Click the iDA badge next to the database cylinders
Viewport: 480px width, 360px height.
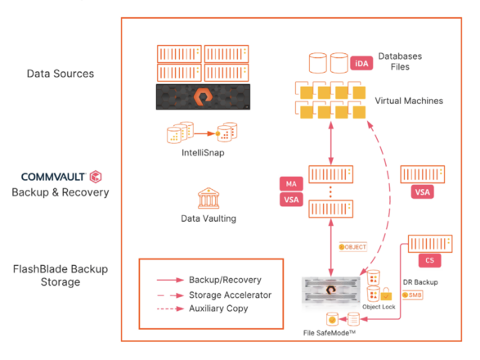[361, 64]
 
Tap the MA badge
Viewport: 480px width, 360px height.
[291, 183]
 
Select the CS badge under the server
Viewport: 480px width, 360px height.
[430, 260]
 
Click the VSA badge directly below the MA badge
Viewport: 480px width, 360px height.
[291, 200]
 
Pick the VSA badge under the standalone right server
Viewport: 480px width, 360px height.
[423, 192]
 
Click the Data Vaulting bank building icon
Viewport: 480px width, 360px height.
[209, 198]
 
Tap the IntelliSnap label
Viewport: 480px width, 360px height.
[203, 152]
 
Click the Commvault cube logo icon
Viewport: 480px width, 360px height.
[96, 177]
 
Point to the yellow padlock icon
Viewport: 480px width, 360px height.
[386, 294]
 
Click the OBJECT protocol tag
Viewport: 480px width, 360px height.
[352, 247]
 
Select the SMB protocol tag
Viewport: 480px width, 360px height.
[412, 295]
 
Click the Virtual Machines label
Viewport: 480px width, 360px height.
[409, 101]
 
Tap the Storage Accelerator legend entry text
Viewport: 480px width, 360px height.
[231, 295]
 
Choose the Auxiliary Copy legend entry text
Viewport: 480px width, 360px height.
[218, 308]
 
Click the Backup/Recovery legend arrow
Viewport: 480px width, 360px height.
[170, 280]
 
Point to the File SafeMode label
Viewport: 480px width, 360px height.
[330, 333]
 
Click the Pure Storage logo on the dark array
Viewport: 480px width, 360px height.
[203, 97]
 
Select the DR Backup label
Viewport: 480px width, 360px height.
[420, 282]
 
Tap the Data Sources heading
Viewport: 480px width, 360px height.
[61, 74]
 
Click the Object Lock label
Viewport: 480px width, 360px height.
[379, 307]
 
